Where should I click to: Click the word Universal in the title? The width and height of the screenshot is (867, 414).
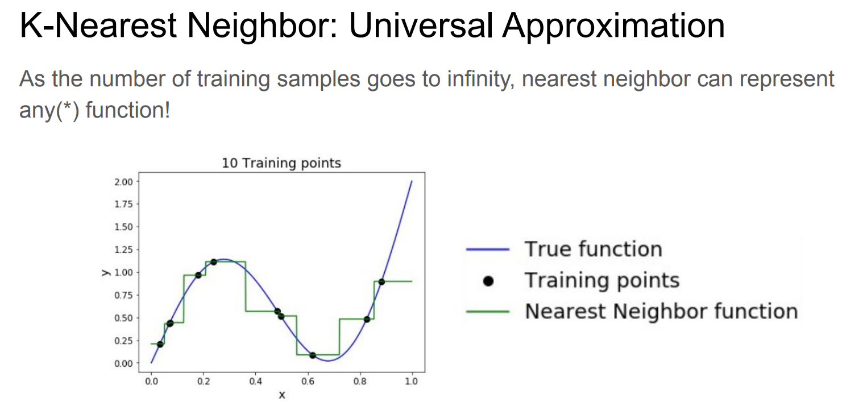pos(421,26)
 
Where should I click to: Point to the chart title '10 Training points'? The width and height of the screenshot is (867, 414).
pos(281,163)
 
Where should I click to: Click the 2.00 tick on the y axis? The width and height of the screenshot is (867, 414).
pos(123,182)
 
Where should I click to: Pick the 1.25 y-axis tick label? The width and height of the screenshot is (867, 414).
pos(123,250)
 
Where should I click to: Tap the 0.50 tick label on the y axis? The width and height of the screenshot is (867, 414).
pos(123,318)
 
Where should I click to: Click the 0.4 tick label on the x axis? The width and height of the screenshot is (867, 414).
pos(255,382)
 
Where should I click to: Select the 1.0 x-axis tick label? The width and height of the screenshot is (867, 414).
pos(412,382)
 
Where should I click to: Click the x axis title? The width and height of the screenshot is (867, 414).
pos(282,395)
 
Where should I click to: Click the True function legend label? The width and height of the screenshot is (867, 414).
pos(594,249)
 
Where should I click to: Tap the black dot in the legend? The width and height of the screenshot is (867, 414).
pos(488,281)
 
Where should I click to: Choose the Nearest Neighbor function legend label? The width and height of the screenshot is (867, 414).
pos(661,311)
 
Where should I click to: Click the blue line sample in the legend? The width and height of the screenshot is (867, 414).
pos(488,250)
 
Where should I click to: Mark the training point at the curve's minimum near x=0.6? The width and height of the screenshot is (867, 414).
pos(313,356)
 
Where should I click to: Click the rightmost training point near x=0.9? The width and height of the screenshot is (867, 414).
pos(381,282)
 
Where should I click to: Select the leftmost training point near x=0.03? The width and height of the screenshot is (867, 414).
pos(160,344)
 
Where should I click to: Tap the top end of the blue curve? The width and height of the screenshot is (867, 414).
pos(412,181)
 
